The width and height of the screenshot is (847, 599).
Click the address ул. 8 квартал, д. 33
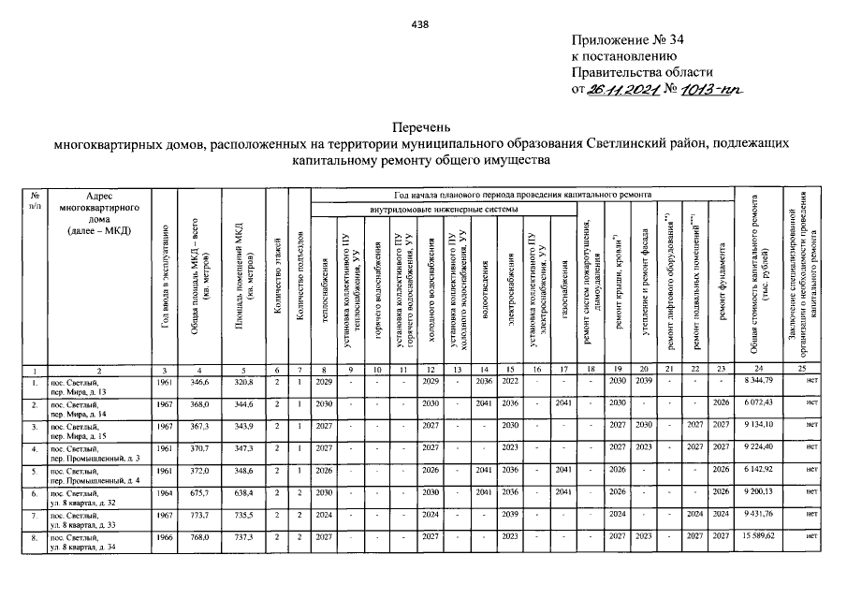click(87, 520)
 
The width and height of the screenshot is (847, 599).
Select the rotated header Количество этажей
click(277, 261)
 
